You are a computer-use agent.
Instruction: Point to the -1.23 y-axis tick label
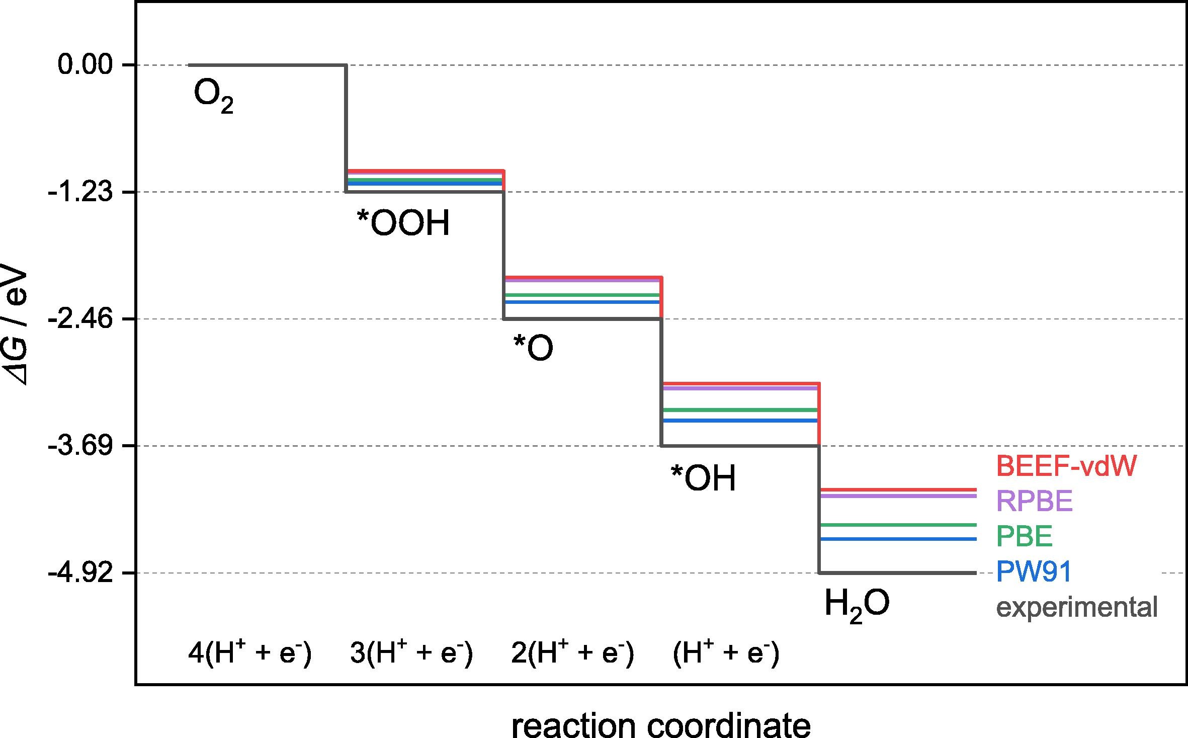pyautogui.click(x=80, y=192)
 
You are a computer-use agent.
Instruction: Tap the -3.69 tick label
pyautogui.click(x=80, y=446)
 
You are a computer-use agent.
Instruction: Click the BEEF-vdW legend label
pyautogui.click(x=1067, y=466)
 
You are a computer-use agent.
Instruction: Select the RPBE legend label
pyautogui.click(x=1035, y=501)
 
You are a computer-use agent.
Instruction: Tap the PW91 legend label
pyautogui.click(x=1034, y=571)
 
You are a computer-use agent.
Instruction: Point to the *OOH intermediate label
pyautogui.click(x=403, y=223)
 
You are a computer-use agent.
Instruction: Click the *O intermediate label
pyautogui.click(x=533, y=348)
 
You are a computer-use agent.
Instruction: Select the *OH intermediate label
pyautogui.click(x=703, y=478)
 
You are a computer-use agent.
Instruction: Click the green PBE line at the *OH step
pyautogui.click(x=739, y=410)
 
